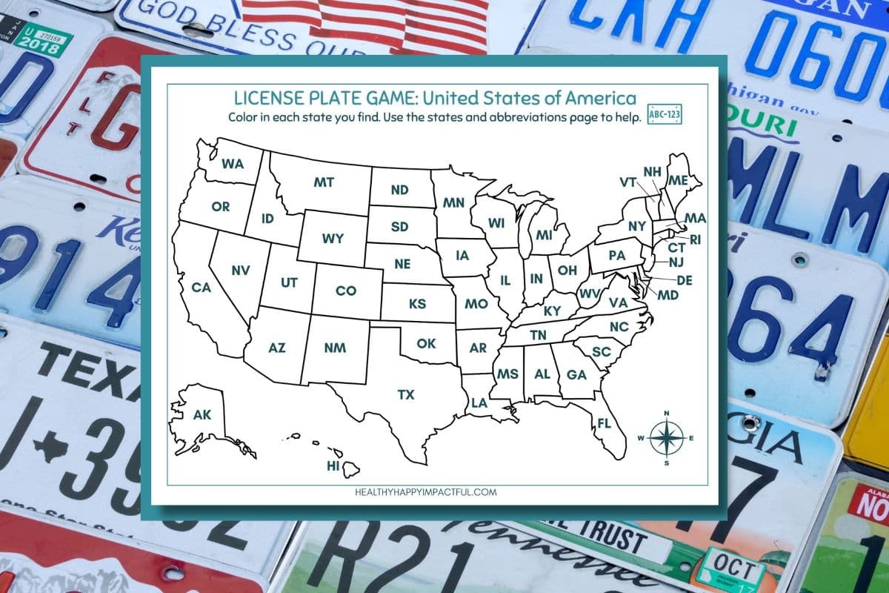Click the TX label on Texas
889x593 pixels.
406,394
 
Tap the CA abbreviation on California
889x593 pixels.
202,287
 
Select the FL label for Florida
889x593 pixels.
604,423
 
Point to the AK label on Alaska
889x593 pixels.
202,415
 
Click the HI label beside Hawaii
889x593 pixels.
333,466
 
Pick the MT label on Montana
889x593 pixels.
324,182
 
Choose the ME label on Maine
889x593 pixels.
677,180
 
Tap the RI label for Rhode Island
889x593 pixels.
695,239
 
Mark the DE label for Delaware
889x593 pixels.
685,280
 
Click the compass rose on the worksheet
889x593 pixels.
667,438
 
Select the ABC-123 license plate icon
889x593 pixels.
665,116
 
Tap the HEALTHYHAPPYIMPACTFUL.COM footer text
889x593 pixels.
427,491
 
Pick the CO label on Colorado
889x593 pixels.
346,291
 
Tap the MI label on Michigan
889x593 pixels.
545,235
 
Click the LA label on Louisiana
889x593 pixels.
479,402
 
